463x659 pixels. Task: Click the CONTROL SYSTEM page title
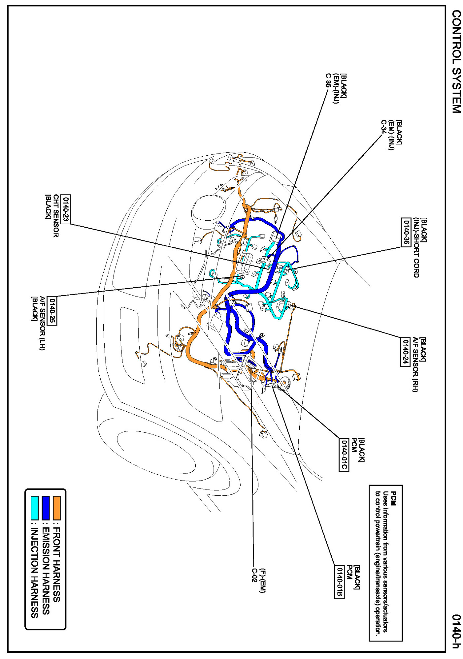pos(456,62)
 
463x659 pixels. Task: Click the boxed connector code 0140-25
pos(52,310)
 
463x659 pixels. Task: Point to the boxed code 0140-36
pos(406,232)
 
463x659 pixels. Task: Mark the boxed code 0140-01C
pos(344,454)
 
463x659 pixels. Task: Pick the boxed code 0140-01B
pos(339,582)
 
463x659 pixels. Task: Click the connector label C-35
pos(328,80)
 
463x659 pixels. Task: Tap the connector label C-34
pos(383,127)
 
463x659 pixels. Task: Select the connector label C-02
pos(254,575)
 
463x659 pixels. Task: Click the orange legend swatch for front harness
pos(57,508)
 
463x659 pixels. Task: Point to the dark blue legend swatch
pos(46,508)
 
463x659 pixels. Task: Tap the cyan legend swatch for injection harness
pos(34,508)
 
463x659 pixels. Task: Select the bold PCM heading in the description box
pos(393,498)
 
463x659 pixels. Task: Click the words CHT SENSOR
pos(56,216)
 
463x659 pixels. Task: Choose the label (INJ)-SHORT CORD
pos(416,247)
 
